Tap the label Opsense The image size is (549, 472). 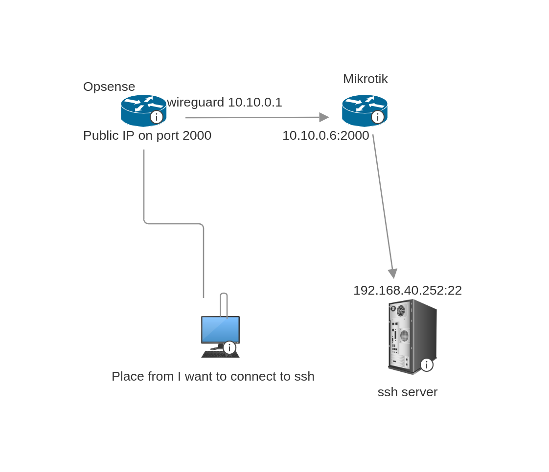pyautogui.click(x=109, y=86)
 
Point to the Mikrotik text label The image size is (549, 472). pyautogui.click(x=365, y=79)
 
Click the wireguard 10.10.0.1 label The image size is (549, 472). pyautogui.click(x=225, y=102)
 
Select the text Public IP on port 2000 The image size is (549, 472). pyautogui.click(x=147, y=135)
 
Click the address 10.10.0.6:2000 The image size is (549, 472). pyautogui.click(x=325, y=135)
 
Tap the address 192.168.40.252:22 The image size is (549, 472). pyautogui.click(x=407, y=290)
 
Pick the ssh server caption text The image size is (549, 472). pyautogui.click(x=407, y=392)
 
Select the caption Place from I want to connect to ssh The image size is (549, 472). pyautogui.click(x=213, y=376)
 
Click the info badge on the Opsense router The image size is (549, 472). pyautogui.click(x=157, y=117)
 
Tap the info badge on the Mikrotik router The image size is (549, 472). pyautogui.click(x=378, y=117)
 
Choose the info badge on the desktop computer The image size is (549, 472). pyautogui.click(x=229, y=348)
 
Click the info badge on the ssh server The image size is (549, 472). pyautogui.click(x=427, y=365)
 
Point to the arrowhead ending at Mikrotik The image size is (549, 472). pyautogui.click(x=324, y=117)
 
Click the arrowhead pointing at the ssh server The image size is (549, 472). pyautogui.click(x=392, y=273)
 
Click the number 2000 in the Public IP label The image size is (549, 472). pyautogui.click(x=197, y=135)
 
